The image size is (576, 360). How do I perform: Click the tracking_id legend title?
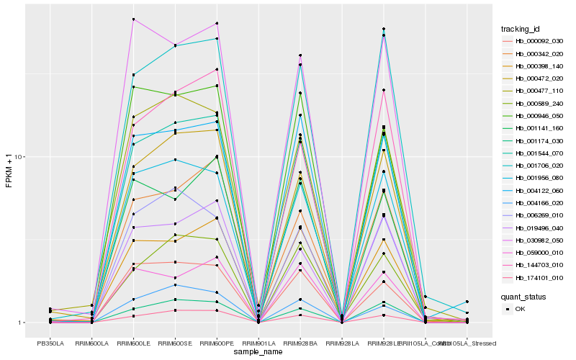(521, 29)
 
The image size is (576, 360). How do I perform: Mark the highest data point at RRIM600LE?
(134, 19)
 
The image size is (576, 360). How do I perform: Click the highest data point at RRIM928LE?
(384, 29)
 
